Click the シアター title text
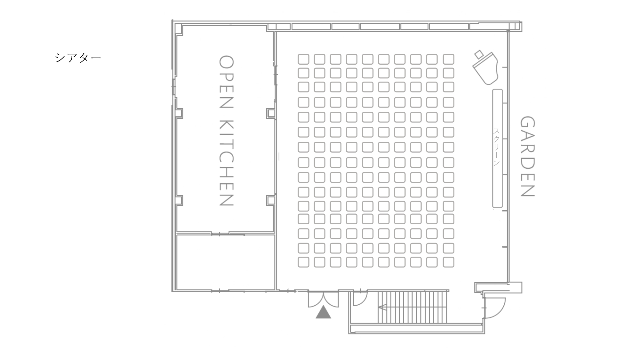tap(78, 58)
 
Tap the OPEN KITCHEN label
tap(226, 131)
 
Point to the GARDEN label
tap(527, 156)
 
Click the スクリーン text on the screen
tap(496, 147)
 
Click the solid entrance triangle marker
tap(323, 312)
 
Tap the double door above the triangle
tap(323, 300)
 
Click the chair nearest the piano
tap(449, 59)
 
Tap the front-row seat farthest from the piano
tap(449, 262)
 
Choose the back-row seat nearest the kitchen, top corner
tap(303, 59)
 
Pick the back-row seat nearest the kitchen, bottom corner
tap(303, 262)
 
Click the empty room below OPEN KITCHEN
tap(226, 262)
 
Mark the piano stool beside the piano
tap(479, 54)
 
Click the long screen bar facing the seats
tap(497, 148)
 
